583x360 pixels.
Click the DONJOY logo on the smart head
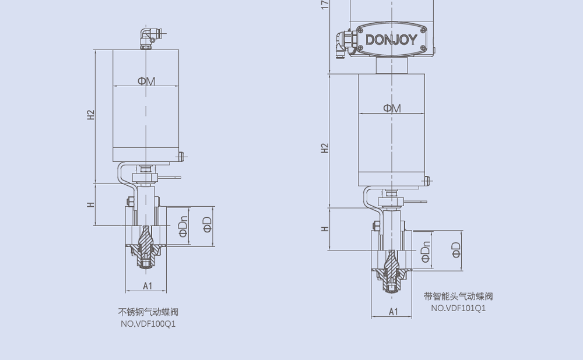pyautogui.click(x=391, y=40)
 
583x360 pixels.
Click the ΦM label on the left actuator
pyautogui.click(x=146, y=81)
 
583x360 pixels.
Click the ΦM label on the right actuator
pyautogui.click(x=392, y=108)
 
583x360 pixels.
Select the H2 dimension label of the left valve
pyautogui.click(x=90, y=115)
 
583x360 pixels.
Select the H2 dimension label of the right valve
pyautogui.click(x=325, y=148)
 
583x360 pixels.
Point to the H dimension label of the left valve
pyautogui.click(x=90, y=204)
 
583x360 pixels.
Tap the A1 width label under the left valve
pyautogui.click(x=147, y=285)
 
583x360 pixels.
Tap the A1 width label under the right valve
pyautogui.click(x=393, y=312)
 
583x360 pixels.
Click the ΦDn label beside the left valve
pyautogui.click(x=182, y=227)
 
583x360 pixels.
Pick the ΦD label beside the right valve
pyautogui.click(x=456, y=250)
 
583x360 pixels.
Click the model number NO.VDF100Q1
pyautogui.click(x=147, y=324)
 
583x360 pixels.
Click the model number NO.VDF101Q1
pyautogui.click(x=458, y=308)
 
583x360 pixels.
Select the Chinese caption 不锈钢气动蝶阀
pyautogui.click(x=147, y=312)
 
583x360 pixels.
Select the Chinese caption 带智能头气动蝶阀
pyautogui.click(x=458, y=296)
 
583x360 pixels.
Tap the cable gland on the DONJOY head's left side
pyautogui.click(x=342, y=44)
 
